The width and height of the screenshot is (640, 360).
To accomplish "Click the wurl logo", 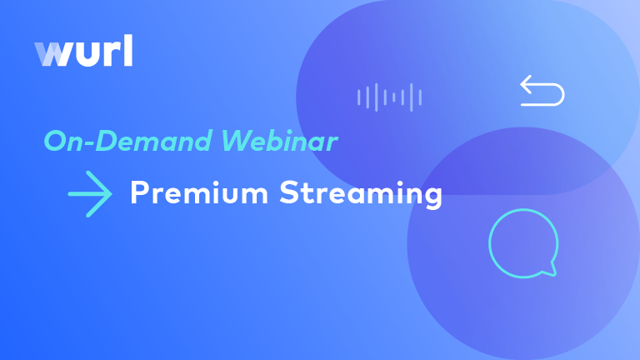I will point(83,52).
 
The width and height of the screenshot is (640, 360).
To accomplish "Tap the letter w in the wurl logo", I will point(51,55).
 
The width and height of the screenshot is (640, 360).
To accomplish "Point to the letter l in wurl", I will point(127,51).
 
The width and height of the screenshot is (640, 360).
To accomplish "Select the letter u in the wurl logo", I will point(82,55).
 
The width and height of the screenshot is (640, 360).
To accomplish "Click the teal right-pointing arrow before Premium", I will point(90,194).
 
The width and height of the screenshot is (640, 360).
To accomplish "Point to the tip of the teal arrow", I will point(111,194).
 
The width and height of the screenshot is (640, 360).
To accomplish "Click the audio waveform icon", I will point(389,97).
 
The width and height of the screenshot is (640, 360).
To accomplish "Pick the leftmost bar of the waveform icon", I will point(359,97).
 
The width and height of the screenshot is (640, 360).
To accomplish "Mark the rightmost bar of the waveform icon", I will point(420,97).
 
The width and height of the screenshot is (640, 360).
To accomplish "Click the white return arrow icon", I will point(542,91).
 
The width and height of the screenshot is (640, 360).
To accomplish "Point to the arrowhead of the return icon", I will point(525,84).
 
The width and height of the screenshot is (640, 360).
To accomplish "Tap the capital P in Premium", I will point(138,193).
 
